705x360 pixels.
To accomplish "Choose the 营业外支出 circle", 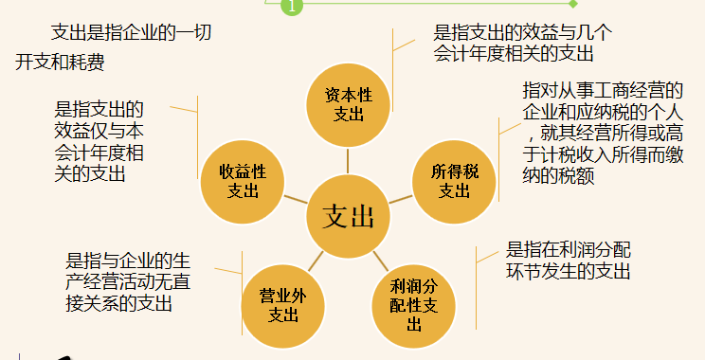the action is (x=282, y=304).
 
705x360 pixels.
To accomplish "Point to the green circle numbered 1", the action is (x=291, y=7).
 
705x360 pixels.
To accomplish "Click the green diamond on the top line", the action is (x=571, y=5).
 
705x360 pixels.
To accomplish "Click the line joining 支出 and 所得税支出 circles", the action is (x=403, y=198).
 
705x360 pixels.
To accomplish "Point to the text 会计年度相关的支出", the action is (x=513, y=54).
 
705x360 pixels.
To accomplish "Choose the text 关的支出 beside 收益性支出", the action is (x=91, y=173).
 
